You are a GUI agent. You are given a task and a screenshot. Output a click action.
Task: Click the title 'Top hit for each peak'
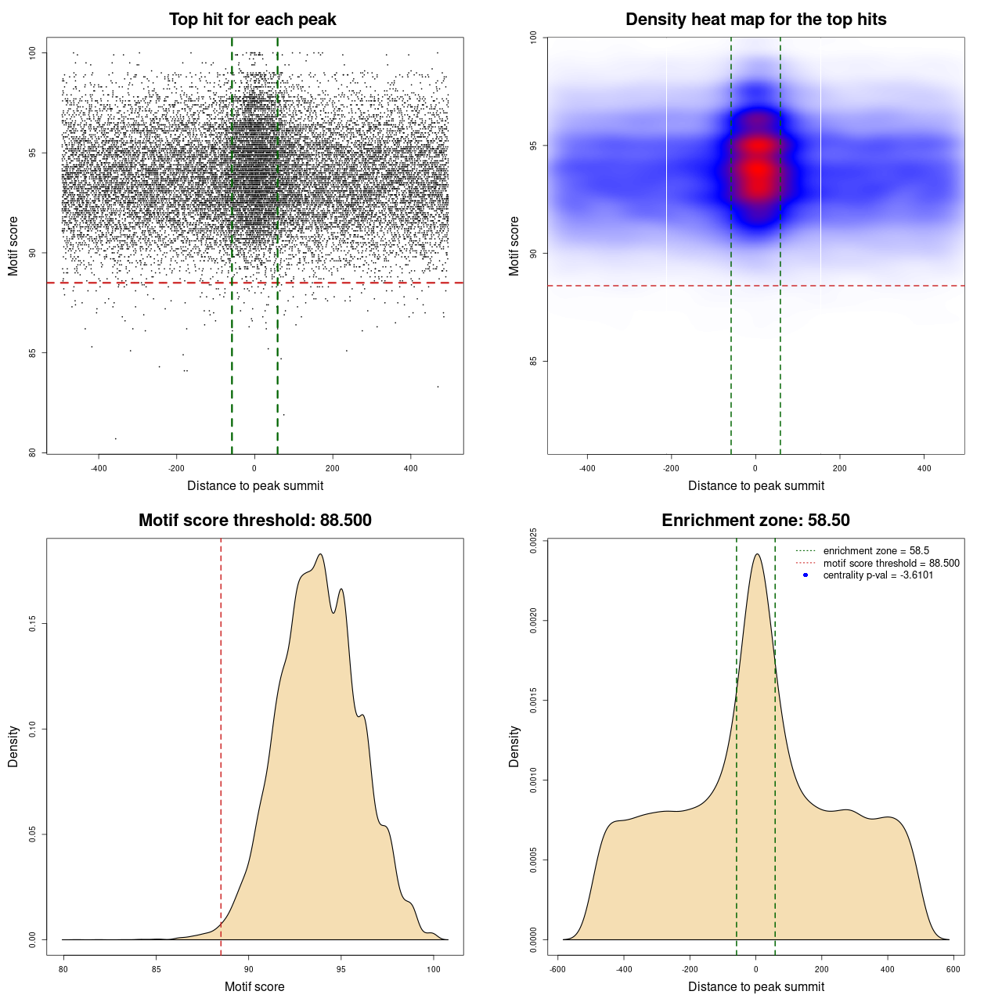(253, 20)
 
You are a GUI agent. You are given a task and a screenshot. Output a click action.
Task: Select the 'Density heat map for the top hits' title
(755, 20)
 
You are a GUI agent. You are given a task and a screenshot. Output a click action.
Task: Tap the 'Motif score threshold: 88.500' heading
(254, 521)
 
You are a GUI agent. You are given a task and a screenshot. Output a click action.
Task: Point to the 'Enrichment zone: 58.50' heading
(755, 521)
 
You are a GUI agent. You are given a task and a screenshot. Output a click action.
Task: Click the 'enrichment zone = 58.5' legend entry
(876, 551)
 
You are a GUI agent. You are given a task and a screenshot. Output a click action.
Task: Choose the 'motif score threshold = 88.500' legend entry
(891, 563)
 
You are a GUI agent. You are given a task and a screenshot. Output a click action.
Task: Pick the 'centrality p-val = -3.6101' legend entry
(878, 575)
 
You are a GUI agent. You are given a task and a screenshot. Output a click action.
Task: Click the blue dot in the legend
(806, 575)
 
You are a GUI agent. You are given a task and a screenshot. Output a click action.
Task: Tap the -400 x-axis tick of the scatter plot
(99, 468)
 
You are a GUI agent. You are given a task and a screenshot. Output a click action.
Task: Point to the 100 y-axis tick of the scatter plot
(32, 52)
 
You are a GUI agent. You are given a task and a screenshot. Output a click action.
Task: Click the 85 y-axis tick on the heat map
(533, 361)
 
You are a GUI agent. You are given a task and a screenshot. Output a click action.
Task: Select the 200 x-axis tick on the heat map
(840, 468)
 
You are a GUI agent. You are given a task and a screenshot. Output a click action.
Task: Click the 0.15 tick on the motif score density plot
(32, 623)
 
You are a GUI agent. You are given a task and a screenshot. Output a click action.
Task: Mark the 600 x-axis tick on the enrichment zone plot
(953, 969)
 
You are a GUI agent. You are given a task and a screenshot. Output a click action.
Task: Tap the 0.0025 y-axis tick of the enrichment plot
(533, 541)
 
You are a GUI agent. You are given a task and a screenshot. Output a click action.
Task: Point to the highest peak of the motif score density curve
(320, 554)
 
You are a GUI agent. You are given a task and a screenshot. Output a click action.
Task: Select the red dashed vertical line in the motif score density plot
(221, 744)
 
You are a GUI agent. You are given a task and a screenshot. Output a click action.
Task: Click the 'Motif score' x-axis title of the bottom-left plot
(254, 986)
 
